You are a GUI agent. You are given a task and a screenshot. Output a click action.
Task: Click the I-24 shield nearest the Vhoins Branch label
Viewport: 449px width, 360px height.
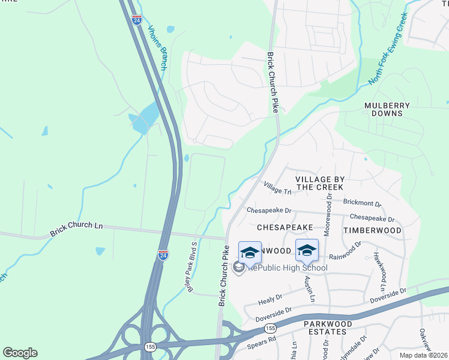[136, 20]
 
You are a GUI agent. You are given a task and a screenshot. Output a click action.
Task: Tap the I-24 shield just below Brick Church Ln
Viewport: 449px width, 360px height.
[163, 254]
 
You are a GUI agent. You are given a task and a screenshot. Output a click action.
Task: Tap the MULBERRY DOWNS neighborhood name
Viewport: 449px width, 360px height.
[387, 109]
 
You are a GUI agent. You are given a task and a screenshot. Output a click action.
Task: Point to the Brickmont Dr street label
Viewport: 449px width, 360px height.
[362, 203]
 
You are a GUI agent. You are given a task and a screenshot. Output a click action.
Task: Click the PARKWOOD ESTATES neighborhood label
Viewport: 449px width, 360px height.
[325, 327]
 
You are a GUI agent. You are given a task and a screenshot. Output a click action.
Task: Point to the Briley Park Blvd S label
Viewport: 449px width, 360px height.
[190, 266]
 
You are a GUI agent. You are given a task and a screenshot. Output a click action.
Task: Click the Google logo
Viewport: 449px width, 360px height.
[20, 353]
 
